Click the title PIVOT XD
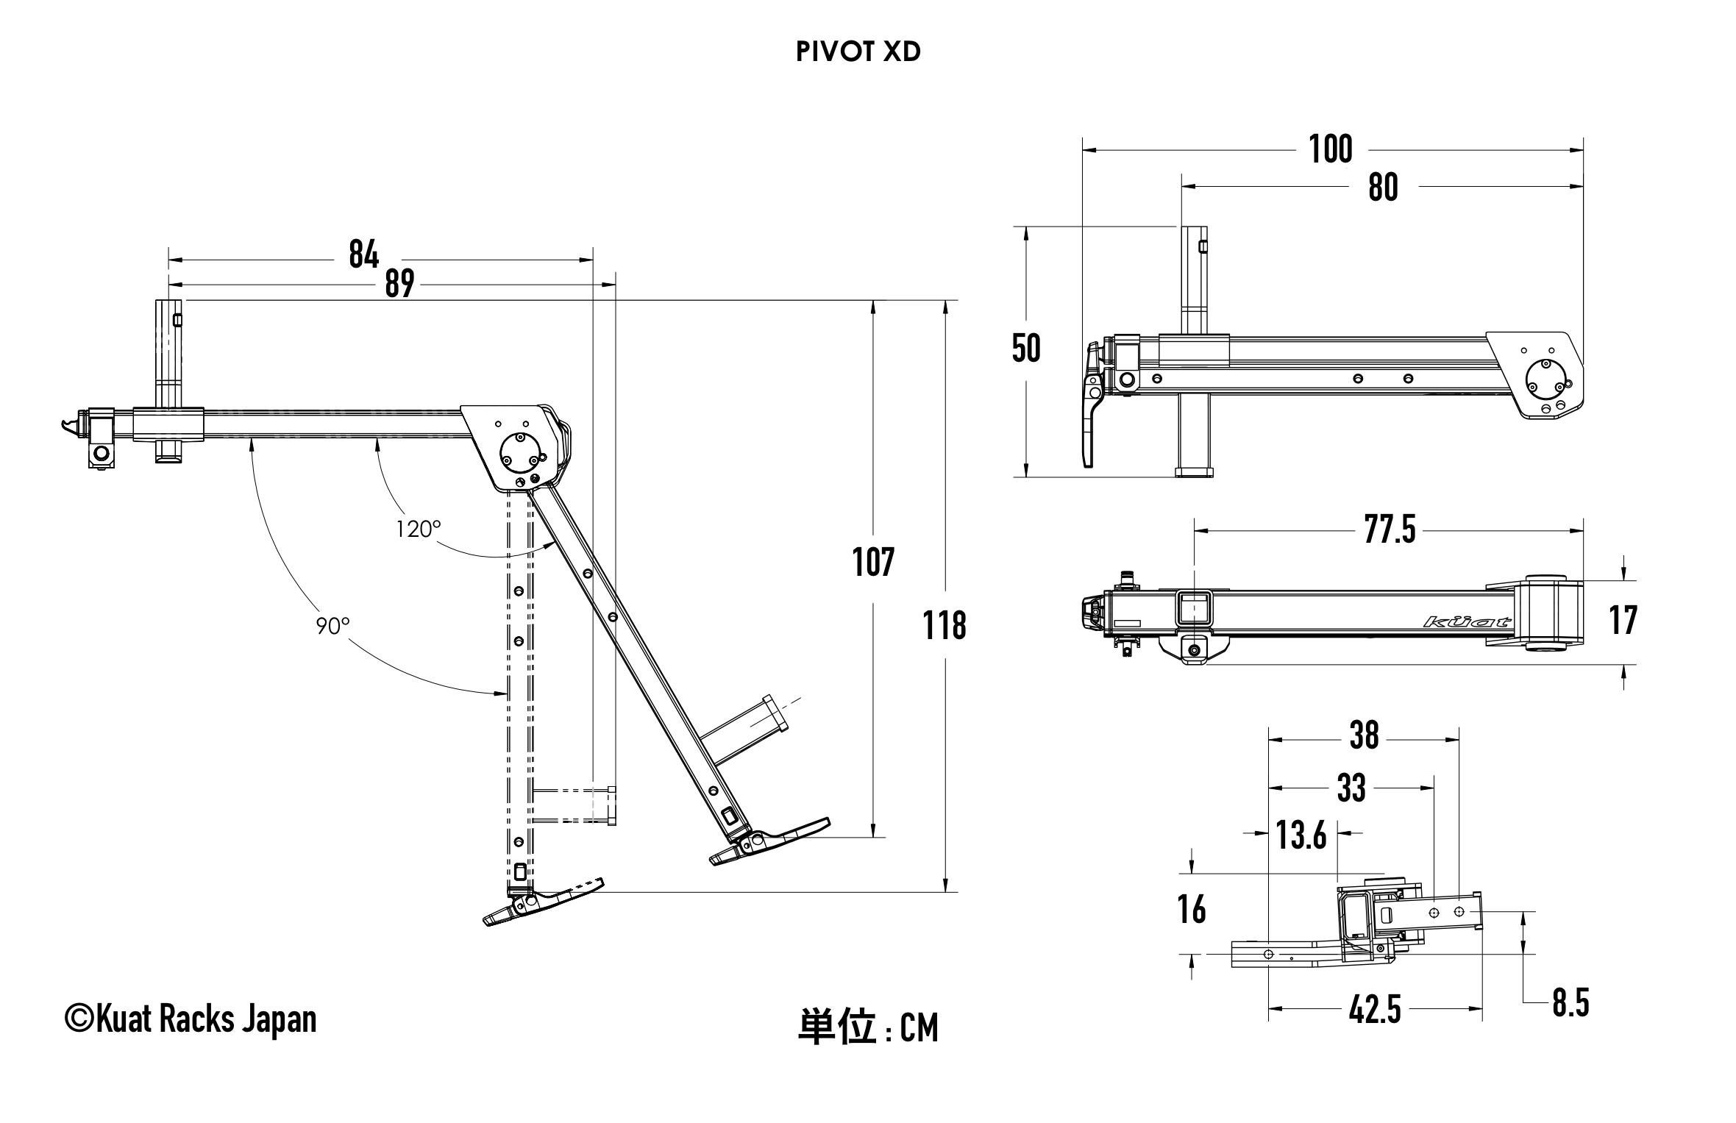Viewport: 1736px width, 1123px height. pyautogui.click(x=858, y=52)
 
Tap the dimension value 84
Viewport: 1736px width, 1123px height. pyautogui.click(x=363, y=254)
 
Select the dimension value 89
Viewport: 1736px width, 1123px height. pyautogui.click(x=399, y=284)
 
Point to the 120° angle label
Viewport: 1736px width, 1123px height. pyautogui.click(x=419, y=529)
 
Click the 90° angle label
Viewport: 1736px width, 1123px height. pyautogui.click(x=332, y=626)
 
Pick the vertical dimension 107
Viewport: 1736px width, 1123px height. pyautogui.click(x=873, y=563)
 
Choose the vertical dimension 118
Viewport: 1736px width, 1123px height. pyautogui.click(x=945, y=626)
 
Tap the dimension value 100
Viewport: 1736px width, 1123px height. pyautogui.click(x=1330, y=149)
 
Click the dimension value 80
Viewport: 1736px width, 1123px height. pyautogui.click(x=1382, y=188)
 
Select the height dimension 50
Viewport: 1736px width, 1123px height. pyautogui.click(x=1026, y=349)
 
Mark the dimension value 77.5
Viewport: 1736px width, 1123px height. pyautogui.click(x=1390, y=530)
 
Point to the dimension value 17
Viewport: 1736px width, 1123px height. pyautogui.click(x=1623, y=620)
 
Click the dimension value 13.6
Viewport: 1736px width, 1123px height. pyautogui.click(x=1301, y=835)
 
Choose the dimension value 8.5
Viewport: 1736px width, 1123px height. pyautogui.click(x=1570, y=1004)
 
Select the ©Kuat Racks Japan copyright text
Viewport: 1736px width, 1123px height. pyautogui.click(x=191, y=1019)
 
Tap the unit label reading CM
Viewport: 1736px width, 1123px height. pyautogui.click(x=919, y=1028)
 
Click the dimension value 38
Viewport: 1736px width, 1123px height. pyautogui.click(x=1364, y=735)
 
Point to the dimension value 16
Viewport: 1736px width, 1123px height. pyautogui.click(x=1192, y=910)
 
